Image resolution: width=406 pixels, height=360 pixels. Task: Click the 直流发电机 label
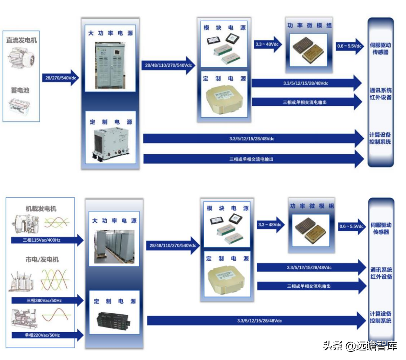click(x=22, y=40)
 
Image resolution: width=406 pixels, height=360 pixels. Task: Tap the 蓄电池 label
click(x=21, y=90)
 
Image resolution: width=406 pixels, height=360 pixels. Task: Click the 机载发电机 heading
click(x=41, y=209)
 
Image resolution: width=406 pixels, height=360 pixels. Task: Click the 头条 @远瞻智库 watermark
click(x=360, y=346)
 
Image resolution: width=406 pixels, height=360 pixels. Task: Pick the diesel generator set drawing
click(x=24, y=317)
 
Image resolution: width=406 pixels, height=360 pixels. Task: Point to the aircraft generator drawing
click(x=24, y=224)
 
